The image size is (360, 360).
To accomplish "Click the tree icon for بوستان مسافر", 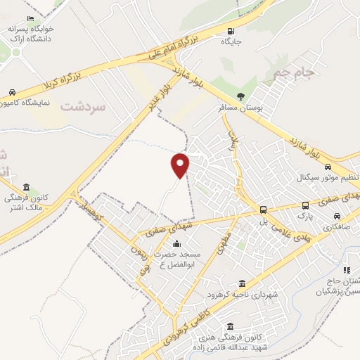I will click(x=242, y=96).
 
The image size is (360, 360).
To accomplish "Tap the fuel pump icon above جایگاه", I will click(x=231, y=31).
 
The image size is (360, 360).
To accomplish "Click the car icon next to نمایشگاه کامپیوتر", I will click(x=12, y=92).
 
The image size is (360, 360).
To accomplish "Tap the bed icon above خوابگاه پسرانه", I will click(x=30, y=19).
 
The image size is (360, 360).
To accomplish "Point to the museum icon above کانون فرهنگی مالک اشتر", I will click(x=27, y=187).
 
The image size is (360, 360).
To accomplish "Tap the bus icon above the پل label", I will click(x=263, y=210).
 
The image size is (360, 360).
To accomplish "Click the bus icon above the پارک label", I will click(x=305, y=205).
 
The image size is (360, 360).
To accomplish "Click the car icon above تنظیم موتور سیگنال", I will click(x=328, y=167).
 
